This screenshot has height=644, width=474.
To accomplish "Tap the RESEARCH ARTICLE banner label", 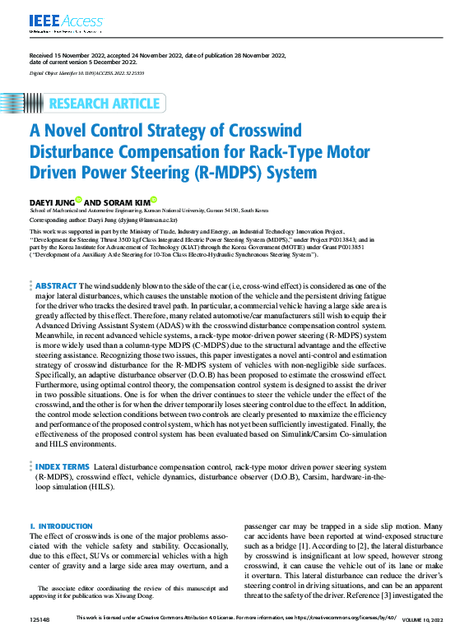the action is point(105,104).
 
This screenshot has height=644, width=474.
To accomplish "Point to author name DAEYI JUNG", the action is point(51,201).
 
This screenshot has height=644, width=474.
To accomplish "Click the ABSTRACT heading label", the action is point(56,285).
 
